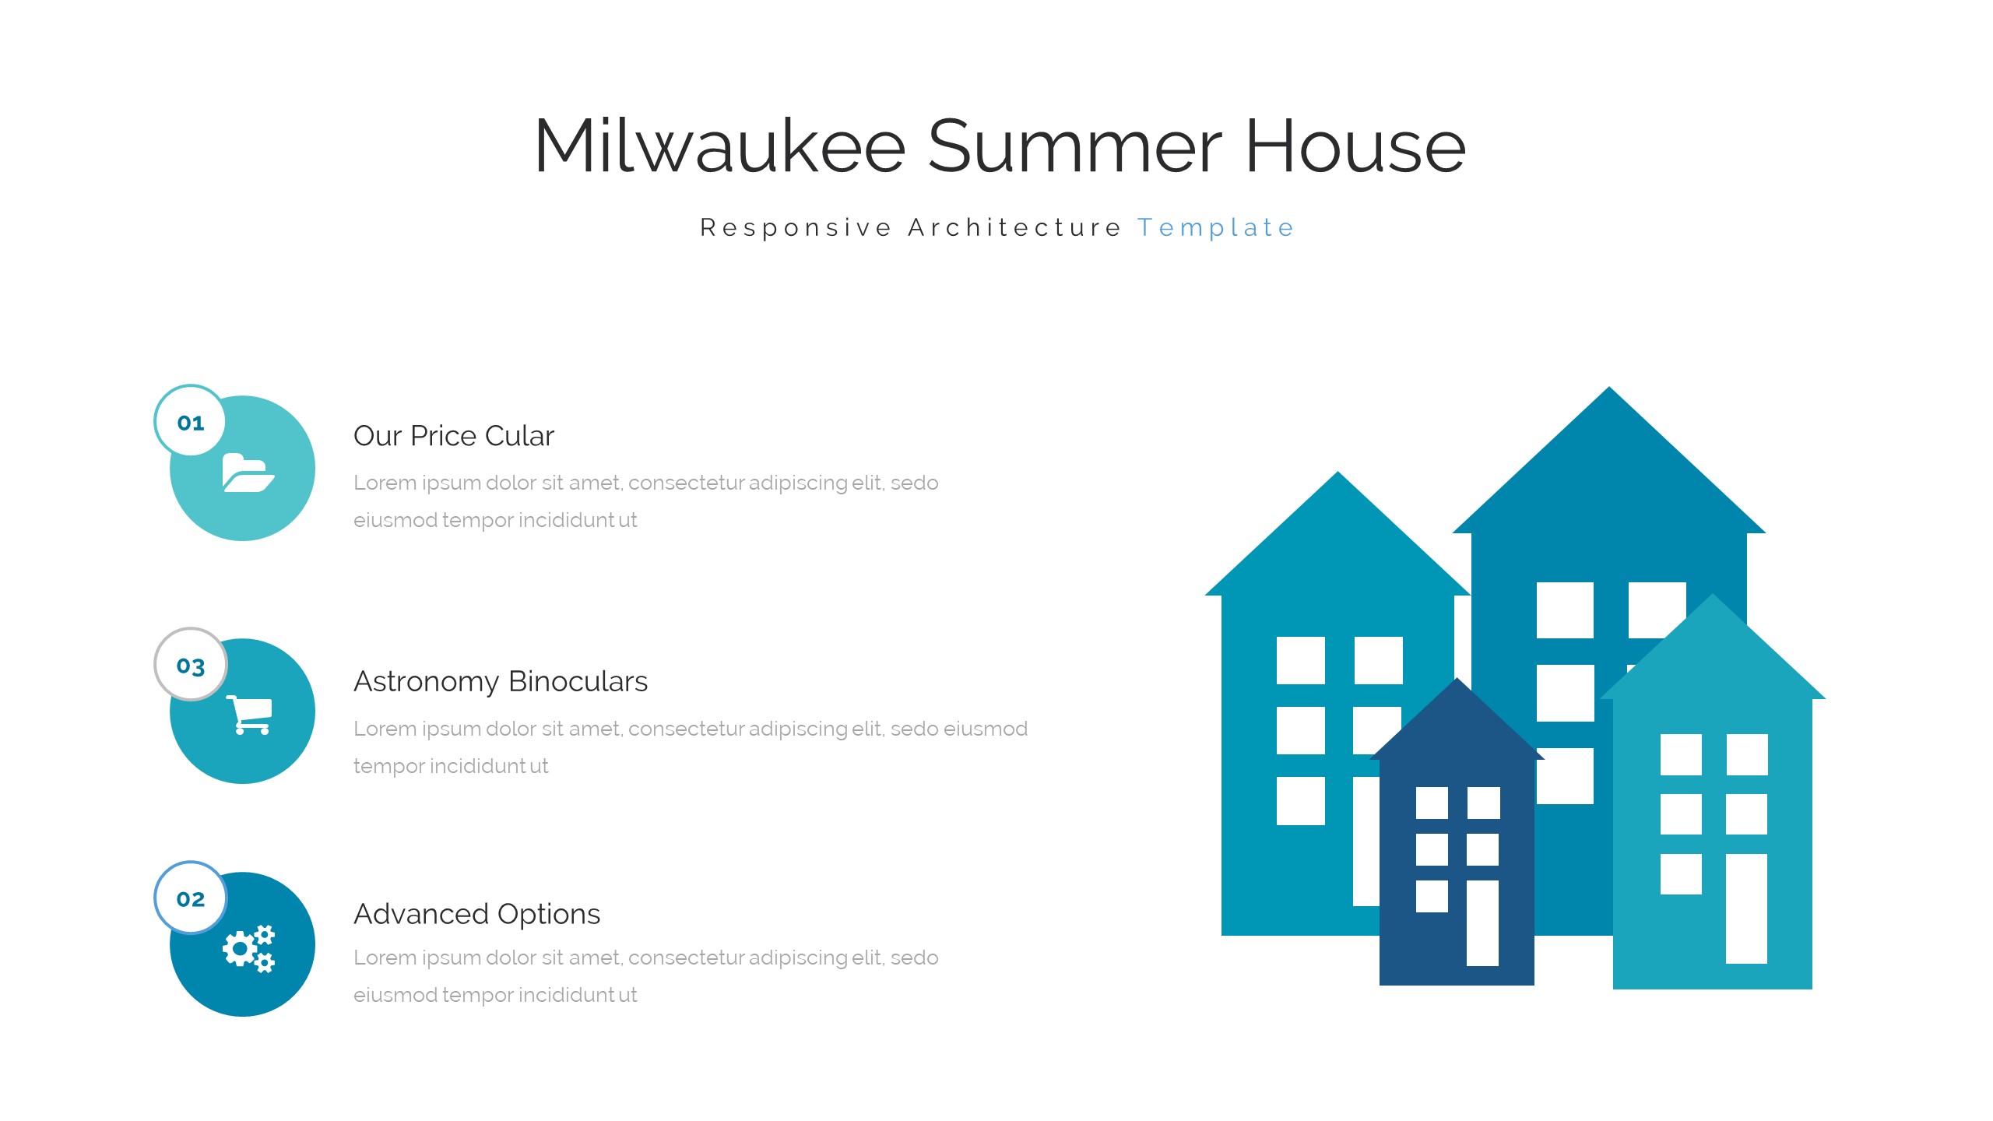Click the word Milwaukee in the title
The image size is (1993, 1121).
point(720,146)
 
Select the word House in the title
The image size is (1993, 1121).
point(1356,146)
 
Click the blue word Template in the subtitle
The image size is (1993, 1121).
point(1216,228)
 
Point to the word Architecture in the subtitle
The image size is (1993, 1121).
point(1014,227)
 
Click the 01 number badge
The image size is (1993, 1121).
point(191,421)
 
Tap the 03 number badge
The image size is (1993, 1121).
point(191,665)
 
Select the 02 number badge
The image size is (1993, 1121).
point(191,898)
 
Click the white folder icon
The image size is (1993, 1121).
point(248,473)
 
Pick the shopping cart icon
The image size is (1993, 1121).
point(250,715)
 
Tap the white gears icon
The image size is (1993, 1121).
point(249,948)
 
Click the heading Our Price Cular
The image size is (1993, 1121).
point(454,436)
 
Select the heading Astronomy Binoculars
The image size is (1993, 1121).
point(501,681)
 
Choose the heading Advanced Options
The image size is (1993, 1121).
point(477,914)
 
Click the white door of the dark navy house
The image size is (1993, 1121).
point(1482,923)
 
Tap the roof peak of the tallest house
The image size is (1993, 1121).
point(1609,388)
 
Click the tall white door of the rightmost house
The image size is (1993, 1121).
point(1746,908)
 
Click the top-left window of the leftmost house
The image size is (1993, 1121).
point(1301,660)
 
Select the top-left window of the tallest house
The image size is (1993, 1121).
point(1565,610)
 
